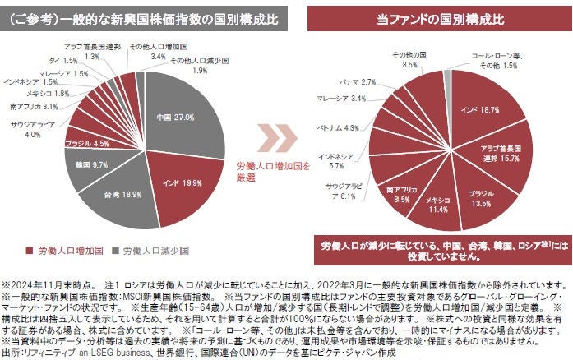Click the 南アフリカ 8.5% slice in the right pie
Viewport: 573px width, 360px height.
pos(403,192)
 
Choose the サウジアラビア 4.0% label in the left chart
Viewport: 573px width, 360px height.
pos(32,128)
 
